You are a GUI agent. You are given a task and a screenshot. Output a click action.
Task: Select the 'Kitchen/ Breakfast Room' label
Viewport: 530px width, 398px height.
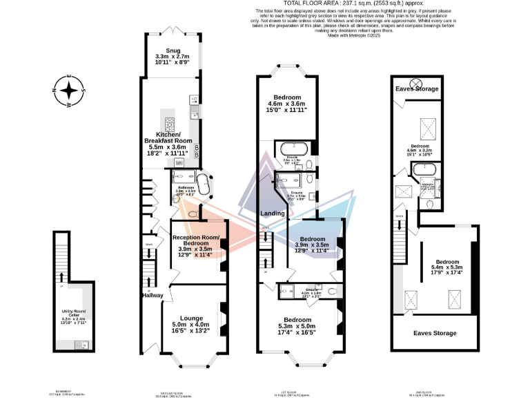(173, 137)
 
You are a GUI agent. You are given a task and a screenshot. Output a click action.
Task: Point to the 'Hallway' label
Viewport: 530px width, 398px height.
(152, 295)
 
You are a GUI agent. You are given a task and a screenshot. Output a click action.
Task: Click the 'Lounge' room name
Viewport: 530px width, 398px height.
(191, 319)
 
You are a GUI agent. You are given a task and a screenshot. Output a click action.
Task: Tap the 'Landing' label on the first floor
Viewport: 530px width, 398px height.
(273, 214)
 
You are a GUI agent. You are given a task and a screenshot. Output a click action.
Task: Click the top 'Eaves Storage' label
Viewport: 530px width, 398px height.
(416, 89)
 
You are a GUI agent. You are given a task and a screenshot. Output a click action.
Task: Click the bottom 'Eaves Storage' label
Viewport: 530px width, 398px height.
(434, 333)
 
